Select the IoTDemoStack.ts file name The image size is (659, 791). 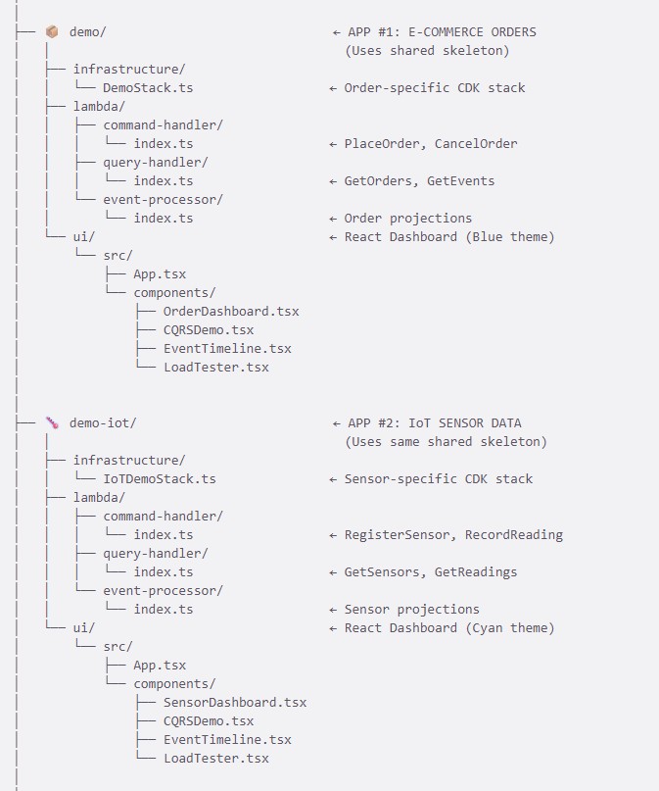pos(159,479)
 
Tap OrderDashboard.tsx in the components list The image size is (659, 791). pos(231,312)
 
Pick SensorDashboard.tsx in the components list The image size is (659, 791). pos(235,703)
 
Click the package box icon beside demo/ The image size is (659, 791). pos(53,32)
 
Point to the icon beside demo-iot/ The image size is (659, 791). pos(53,423)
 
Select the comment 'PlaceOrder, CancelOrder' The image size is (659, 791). pos(431,144)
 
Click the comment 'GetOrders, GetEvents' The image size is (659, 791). pos(419,181)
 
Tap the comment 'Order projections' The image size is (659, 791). pos(407,219)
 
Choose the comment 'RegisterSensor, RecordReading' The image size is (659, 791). pos(453,535)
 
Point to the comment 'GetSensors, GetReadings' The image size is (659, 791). pos(431,572)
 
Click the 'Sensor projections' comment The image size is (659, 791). pos(411,610)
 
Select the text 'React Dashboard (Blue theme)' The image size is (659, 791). pos(449,237)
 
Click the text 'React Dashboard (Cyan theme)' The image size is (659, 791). pos(449,628)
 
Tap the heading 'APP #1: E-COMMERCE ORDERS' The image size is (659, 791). pos(442,32)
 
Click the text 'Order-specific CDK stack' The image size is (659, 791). pos(435,88)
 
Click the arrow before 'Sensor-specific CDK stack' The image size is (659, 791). pos(334,479)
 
